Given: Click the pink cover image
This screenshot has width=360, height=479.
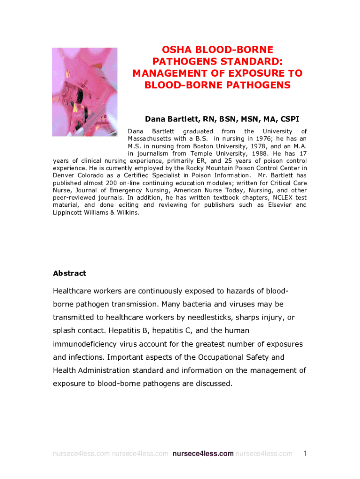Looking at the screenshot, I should (x=85, y=92).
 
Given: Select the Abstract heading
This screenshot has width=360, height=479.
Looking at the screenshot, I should (x=70, y=273).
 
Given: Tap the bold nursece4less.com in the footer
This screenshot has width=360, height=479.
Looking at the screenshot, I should (x=203, y=454).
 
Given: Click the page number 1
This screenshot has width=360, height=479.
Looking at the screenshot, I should (x=305, y=453).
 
